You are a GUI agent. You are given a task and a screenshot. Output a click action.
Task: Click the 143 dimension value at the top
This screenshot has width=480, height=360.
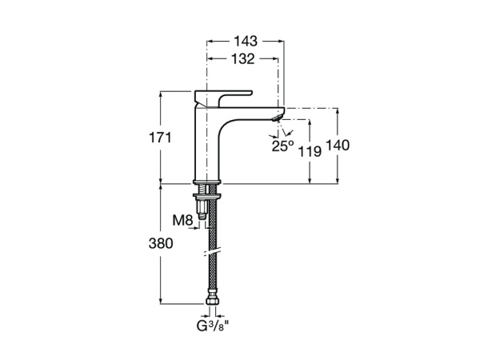pos(246,39)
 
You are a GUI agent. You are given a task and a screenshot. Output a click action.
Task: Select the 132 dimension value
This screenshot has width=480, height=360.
pos(243,58)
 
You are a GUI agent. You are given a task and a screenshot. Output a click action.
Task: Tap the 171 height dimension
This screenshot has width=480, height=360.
pos(160,138)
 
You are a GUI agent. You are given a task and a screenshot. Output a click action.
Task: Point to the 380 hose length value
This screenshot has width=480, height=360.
pos(160,244)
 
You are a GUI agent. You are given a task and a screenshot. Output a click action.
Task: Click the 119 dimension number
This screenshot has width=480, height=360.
pos(309,151)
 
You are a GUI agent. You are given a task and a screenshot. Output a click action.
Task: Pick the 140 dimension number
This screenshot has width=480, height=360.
pos(338,145)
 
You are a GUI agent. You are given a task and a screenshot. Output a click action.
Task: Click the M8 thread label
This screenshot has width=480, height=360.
pos(182,220)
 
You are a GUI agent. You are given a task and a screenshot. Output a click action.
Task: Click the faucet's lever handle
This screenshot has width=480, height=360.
pos(224,94)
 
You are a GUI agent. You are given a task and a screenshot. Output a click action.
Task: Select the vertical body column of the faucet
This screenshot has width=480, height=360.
pos(207,144)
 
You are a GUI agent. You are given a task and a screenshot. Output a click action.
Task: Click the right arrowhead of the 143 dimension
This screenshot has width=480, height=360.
pos(282,39)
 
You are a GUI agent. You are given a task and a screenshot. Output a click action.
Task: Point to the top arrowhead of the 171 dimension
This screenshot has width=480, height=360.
pos(161,94)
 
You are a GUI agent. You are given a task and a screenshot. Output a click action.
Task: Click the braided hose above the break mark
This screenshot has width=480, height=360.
pos(212,228)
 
